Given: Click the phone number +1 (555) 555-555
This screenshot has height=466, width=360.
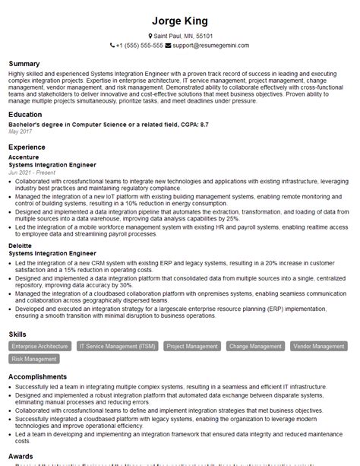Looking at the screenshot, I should [140, 46].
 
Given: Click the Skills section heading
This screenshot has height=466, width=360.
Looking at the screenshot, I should [17, 334].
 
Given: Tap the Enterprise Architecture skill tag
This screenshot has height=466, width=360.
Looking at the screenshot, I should [39, 347].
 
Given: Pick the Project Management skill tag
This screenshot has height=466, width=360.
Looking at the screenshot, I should [192, 347].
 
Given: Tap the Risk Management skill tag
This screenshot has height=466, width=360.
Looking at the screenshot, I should [34, 359].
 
